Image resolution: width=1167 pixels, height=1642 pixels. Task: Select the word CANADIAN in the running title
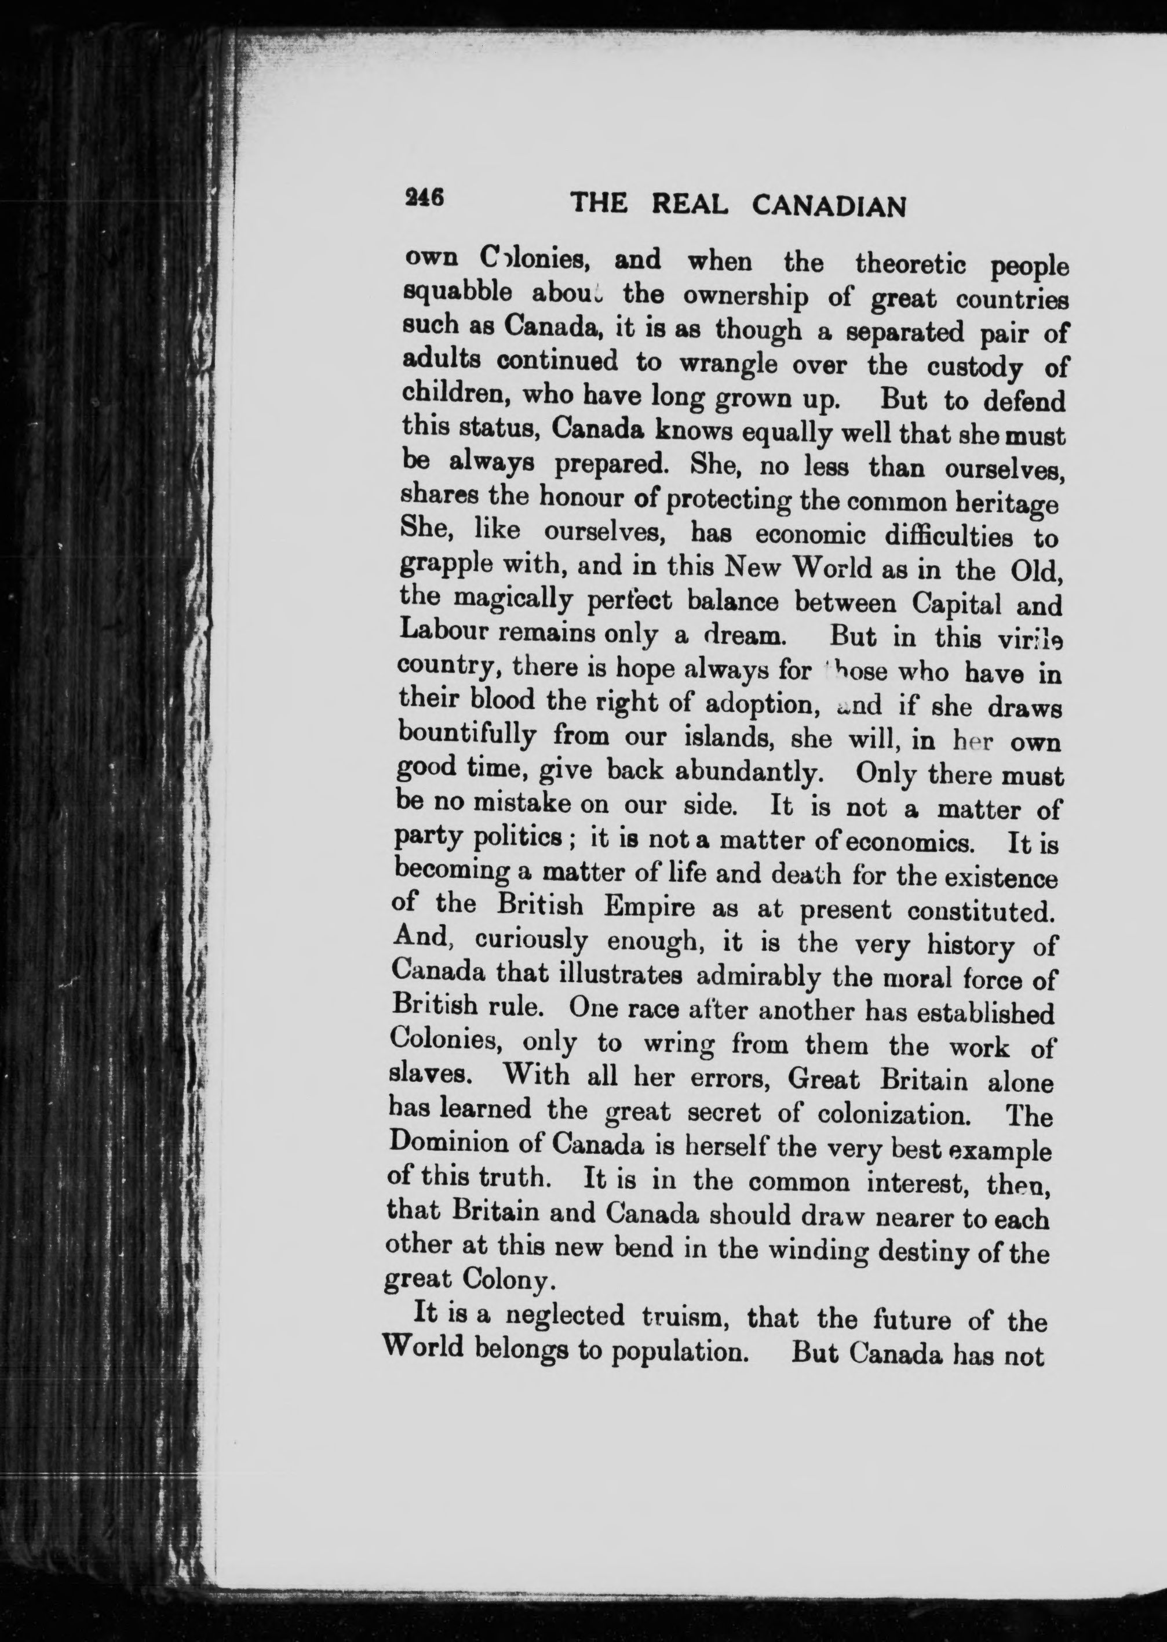tap(829, 207)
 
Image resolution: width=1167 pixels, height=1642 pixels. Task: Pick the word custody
tap(975, 368)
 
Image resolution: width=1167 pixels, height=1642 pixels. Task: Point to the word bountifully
tap(467, 735)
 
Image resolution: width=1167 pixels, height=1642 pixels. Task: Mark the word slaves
tap(429, 1076)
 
